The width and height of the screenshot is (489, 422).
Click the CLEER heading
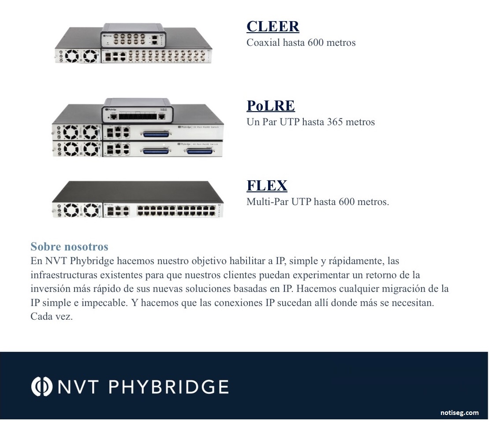[273, 26]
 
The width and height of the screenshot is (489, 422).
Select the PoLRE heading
[271, 106]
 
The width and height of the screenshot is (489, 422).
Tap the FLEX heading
[267, 186]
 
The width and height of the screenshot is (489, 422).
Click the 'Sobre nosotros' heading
[69, 246]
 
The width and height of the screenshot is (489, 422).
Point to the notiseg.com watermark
[459, 413]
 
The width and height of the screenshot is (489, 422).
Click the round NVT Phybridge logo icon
[41, 386]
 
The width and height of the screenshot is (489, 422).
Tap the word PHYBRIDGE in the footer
[168, 387]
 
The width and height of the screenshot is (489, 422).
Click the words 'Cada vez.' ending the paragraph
[52, 317]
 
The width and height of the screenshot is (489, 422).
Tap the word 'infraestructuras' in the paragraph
[60, 275]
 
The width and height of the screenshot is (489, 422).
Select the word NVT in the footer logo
[78, 387]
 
